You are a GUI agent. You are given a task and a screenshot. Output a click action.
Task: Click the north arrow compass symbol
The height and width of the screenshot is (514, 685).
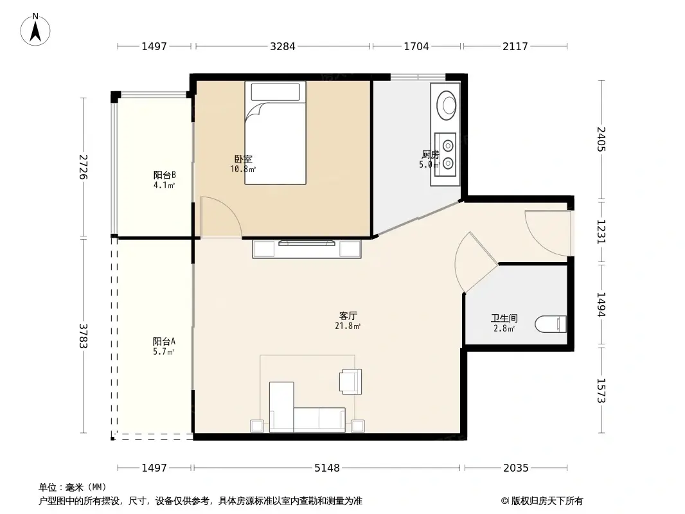35,30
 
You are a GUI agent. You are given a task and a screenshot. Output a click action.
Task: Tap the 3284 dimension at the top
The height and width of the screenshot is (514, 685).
283,46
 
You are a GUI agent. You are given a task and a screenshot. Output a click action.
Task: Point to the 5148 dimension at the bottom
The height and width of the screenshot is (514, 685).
327,468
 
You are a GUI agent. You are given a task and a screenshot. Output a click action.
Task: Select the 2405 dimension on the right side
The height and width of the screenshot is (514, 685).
601,139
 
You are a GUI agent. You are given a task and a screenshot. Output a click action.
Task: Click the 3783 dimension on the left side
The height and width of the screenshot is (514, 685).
84,335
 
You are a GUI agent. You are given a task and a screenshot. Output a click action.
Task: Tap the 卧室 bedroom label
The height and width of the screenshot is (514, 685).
243,159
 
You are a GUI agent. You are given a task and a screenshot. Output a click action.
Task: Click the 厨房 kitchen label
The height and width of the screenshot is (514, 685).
431,154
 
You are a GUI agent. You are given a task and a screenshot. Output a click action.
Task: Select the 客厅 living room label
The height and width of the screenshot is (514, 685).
348,315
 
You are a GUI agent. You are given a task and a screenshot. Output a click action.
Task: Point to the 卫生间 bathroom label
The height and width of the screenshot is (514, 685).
504,318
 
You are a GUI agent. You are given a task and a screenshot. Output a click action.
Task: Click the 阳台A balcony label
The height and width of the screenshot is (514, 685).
165,341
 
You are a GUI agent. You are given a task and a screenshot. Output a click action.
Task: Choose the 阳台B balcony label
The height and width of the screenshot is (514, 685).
165,175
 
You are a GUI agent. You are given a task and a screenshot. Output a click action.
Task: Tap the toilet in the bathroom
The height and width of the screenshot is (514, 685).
551,324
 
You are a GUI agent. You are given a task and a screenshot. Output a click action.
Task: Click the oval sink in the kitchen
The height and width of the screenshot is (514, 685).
447,105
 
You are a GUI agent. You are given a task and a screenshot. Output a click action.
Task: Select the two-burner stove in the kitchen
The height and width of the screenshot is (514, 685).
445,154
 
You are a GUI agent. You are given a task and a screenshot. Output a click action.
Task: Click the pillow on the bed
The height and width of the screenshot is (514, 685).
275,92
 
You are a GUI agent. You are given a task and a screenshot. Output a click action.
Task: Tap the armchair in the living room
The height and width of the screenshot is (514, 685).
351,381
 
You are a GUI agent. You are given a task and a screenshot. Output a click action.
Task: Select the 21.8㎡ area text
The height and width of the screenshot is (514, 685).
348,326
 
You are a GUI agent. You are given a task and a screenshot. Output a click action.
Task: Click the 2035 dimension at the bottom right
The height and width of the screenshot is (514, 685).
516,468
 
